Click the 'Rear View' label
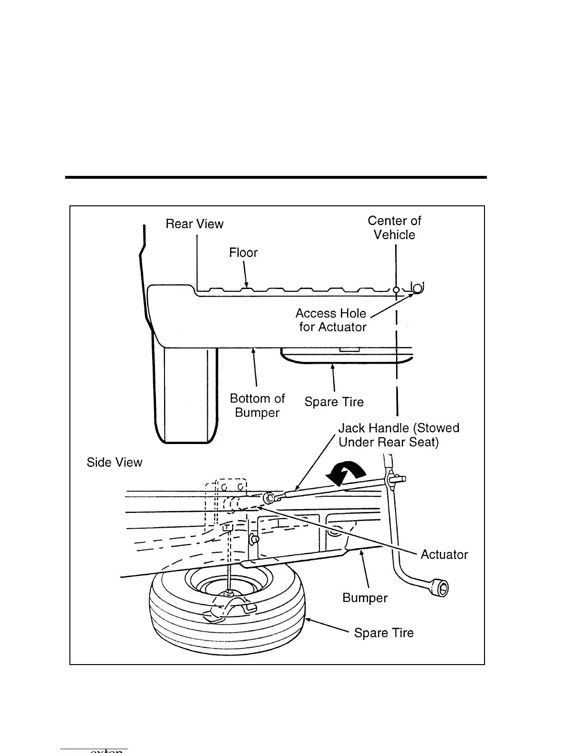(x=194, y=224)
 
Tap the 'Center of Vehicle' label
(x=394, y=228)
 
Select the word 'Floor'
(x=243, y=252)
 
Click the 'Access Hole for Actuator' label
(x=332, y=320)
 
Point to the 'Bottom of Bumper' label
(x=257, y=405)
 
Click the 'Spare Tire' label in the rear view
(x=334, y=402)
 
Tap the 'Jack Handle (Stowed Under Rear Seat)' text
(x=398, y=435)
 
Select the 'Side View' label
(x=114, y=462)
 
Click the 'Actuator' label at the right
(x=444, y=554)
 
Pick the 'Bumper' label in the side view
(x=365, y=598)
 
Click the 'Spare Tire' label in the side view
(x=384, y=633)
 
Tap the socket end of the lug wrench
(x=441, y=588)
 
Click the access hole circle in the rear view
(x=417, y=288)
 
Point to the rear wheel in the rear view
(x=185, y=395)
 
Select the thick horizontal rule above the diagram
(x=276, y=178)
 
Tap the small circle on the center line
(x=396, y=290)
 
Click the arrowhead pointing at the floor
(x=246, y=284)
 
